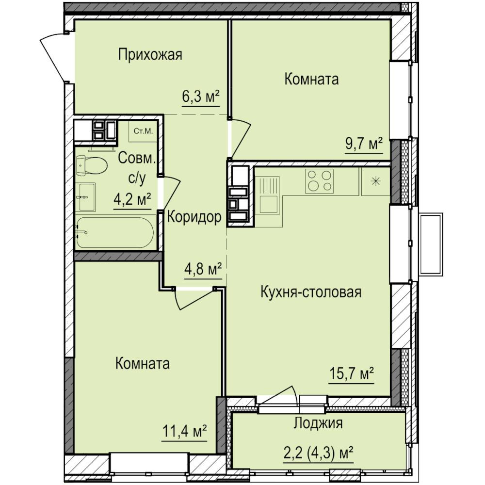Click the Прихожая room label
[150, 55]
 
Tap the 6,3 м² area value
[201, 97]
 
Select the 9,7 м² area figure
[364, 144]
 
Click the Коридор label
[194, 217]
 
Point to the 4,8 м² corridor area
[203, 269]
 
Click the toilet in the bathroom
[92, 165]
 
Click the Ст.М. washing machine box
[143, 131]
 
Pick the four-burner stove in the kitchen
[319, 181]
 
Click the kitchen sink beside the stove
[269, 202]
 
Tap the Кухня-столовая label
[311, 292]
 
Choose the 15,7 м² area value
[351, 374]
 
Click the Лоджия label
[318, 423]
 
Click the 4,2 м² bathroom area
[132, 200]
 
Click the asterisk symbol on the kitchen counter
[376, 181]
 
